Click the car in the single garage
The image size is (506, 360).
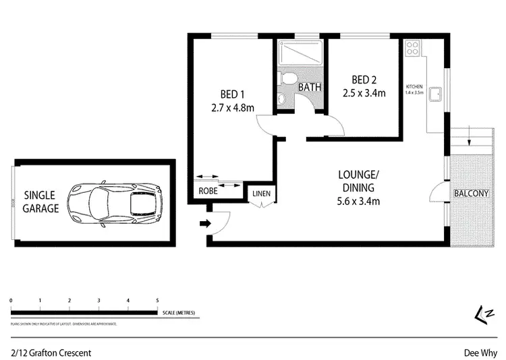[x=116, y=202]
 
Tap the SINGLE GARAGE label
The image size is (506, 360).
[x=41, y=202]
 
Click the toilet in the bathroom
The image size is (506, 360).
[x=289, y=79]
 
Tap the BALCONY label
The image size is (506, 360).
[x=470, y=193]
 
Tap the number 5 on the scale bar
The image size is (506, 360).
[x=157, y=300]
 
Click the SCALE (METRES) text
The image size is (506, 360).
[x=181, y=313]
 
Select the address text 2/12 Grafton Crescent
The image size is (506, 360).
[x=51, y=353]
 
